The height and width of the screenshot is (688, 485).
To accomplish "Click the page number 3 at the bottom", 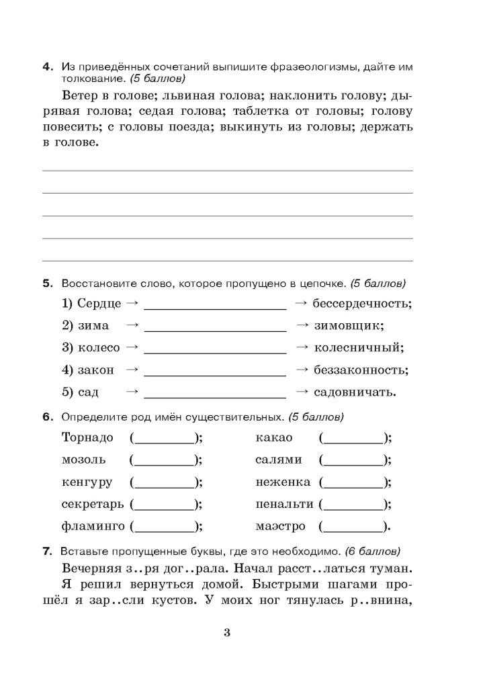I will click(227, 632).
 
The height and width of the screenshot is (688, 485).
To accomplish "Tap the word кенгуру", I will click(87, 482).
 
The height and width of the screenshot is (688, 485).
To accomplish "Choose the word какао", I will click(274, 438).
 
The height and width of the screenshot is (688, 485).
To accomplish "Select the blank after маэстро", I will click(353, 527).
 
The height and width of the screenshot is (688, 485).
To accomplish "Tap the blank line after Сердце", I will click(215, 306).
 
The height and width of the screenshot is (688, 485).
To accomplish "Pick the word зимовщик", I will click(349, 325).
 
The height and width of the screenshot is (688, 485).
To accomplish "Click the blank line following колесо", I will click(215, 351).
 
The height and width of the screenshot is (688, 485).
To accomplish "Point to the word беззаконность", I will click(361, 370).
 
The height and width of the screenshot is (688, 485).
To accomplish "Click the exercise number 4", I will click(47, 67).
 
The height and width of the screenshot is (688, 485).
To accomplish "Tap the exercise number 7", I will click(47, 552).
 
